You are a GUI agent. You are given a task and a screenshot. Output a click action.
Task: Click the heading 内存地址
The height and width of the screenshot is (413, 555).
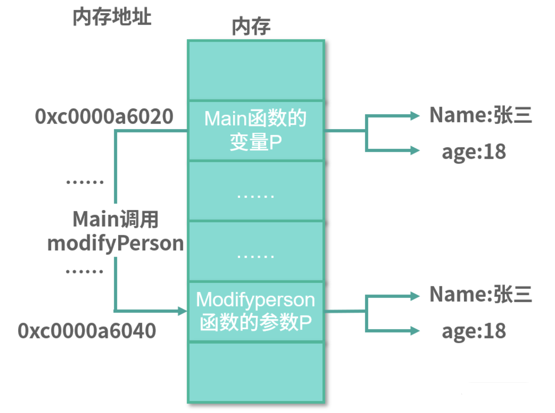[112, 17]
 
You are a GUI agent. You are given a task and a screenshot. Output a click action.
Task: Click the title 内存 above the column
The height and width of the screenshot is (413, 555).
[251, 27]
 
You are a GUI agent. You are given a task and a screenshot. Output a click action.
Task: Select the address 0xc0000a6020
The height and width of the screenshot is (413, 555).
[104, 116]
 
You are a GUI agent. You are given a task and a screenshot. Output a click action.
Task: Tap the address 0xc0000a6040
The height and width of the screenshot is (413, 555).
[87, 331]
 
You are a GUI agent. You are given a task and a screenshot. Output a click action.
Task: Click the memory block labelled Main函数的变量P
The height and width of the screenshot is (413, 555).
[256, 130]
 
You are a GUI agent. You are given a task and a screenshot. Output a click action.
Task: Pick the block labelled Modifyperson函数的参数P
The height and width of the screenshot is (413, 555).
[256, 311]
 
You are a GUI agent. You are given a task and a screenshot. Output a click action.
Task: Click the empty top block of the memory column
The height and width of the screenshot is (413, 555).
[256, 70]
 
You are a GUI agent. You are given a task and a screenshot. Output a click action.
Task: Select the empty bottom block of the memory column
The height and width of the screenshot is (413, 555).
[256, 372]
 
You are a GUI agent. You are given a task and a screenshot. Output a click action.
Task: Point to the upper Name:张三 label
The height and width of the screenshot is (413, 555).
[480, 115]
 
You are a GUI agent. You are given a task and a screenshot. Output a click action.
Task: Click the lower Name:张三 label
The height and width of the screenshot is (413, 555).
[480, 294]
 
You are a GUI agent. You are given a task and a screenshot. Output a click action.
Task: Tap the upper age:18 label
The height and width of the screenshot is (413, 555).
[473, 152]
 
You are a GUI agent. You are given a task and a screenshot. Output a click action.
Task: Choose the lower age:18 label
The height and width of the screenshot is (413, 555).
[473, 331]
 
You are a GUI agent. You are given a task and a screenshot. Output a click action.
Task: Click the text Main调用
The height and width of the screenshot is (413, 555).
[116, 219]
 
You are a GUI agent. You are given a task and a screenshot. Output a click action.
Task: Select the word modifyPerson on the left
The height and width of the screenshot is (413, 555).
[116, 244]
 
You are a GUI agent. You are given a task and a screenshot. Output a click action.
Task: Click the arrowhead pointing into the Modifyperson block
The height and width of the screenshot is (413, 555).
[182, 311]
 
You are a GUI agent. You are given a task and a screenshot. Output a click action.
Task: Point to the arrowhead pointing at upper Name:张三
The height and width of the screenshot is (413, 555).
[415, 116]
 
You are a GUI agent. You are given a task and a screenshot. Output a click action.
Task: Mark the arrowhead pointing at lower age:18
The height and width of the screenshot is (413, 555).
[415, 330]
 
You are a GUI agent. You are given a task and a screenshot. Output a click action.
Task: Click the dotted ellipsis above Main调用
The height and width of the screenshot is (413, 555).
[85, 182]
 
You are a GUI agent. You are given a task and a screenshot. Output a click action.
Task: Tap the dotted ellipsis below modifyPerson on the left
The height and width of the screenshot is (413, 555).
[84, 271]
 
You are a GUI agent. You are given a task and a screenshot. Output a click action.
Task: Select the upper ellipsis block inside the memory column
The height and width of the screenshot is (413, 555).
[256, 191]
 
